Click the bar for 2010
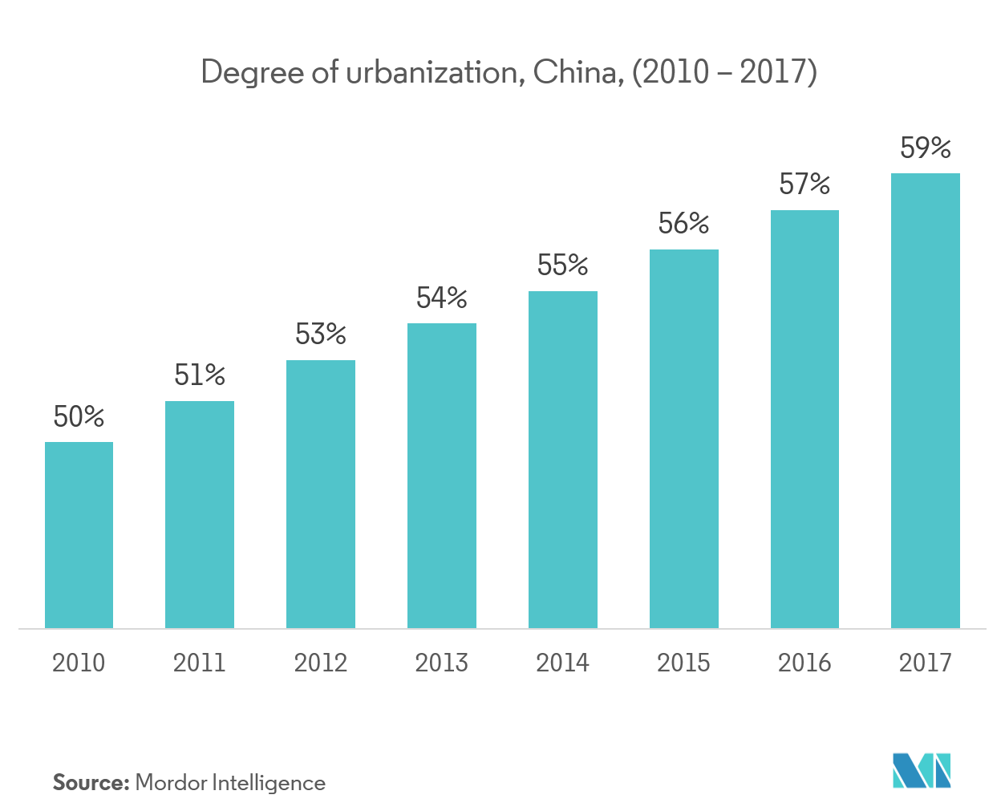(79, 535)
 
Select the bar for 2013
(441, 476)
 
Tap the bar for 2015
(683, 439)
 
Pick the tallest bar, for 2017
(925, 400)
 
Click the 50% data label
(79, 417)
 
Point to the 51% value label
(200, 375)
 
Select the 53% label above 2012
(320, 335)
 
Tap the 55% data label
(562, 266)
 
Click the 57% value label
(804, 185)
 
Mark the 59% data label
(925, 148)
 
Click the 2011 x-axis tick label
(200, 663)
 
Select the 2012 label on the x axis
(320, 663)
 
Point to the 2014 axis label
(562, 663)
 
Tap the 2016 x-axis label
(804, 663)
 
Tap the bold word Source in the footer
(91, 783)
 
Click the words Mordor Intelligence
(230, 784)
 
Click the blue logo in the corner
(922, 770)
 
